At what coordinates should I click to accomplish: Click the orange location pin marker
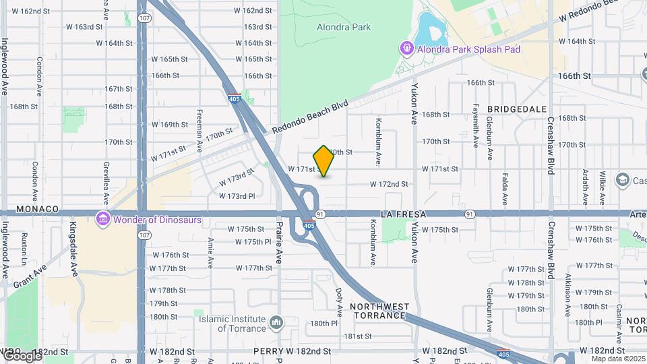coord(323,161)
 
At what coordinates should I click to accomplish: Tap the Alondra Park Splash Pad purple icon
coord(406,49)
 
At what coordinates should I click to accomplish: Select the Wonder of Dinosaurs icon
coord(102,220)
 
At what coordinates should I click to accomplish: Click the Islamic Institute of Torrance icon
coord(276,324)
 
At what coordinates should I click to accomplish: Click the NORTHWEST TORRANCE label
coord(378,311)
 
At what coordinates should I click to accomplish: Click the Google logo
coord(22,355)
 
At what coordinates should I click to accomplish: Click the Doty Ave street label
coord(339,302)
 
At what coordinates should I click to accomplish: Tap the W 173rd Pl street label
coord(237,196)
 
